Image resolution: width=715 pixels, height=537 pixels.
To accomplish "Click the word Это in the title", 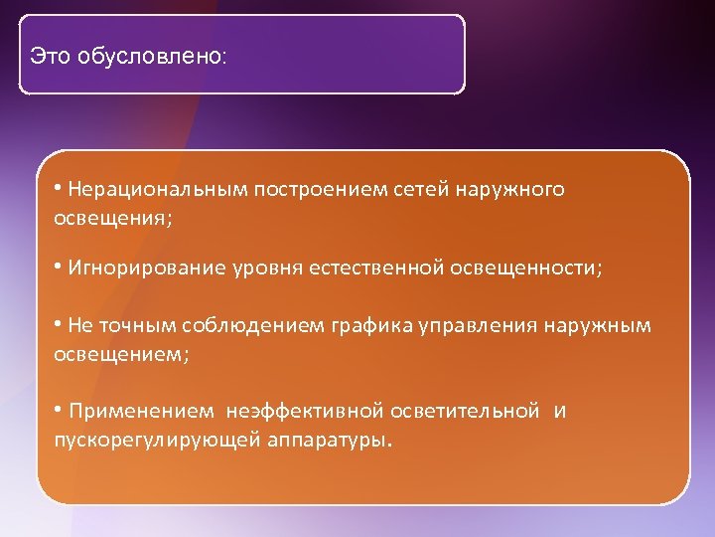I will [50, 56].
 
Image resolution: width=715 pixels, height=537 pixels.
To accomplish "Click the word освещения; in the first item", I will [112, 217].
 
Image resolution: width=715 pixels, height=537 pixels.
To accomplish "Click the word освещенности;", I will [526, 268].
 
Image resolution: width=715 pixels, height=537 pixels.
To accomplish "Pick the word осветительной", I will [466, 411].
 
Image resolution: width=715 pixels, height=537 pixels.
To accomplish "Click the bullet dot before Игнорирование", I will [59, 268].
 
